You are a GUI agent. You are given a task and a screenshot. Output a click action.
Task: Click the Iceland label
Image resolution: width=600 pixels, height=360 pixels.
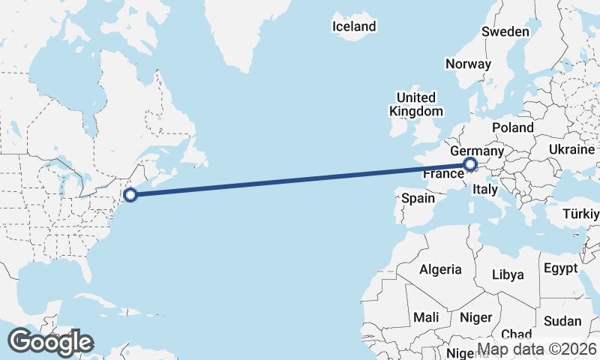click(354, 27)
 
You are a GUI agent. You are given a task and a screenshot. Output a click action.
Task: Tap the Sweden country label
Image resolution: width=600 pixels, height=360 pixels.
click(505, 31)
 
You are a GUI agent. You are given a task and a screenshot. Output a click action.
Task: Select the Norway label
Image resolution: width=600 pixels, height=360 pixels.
click(468, 64)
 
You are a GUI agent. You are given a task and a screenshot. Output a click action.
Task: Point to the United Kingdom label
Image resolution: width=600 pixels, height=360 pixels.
click(415, 104)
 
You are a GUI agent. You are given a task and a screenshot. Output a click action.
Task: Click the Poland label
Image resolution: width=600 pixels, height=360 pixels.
click(513, 127)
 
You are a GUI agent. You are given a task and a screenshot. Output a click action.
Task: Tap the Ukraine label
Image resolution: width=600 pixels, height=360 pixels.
click(571, 149)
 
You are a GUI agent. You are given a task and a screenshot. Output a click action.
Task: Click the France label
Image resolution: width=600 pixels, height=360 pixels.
click(442, 174)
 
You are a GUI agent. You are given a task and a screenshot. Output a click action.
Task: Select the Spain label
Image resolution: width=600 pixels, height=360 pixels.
click(418, 199)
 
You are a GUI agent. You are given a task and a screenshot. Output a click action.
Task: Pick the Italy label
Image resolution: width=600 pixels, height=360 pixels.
click(485, 190)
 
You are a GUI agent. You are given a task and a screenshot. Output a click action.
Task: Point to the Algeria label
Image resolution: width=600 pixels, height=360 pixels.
click(440, 269)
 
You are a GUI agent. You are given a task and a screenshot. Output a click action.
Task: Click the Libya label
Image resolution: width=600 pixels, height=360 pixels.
click(508, 274)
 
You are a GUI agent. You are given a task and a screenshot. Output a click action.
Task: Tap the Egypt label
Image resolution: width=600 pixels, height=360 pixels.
click(561, 268)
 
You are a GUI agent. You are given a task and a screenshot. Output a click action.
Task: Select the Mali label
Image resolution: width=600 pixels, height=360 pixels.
click(426, 317)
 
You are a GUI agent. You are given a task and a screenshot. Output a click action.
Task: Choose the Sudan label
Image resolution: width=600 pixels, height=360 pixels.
click(562, 321)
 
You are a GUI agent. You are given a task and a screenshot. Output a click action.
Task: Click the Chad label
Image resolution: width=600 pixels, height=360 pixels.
click(516, 334)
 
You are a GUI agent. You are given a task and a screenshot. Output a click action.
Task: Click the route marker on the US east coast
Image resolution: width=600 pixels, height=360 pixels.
click(130, 195)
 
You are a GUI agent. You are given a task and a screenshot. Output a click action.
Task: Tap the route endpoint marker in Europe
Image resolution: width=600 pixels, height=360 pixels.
click(470, 164)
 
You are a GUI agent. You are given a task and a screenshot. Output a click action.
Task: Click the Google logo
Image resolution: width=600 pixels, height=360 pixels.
click(50, 342)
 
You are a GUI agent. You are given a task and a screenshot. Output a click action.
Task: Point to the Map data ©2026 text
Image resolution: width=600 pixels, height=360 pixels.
click(537, 349)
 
